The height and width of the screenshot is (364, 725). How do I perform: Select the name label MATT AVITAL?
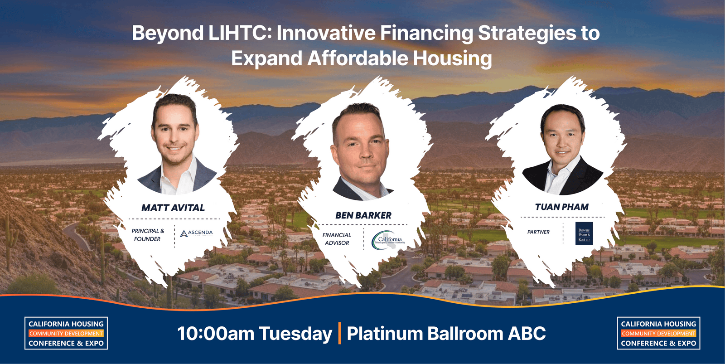[x=173, y=208]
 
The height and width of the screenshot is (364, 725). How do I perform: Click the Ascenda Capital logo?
[x=196, y=233]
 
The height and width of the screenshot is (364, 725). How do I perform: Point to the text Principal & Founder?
[x=148, y=235]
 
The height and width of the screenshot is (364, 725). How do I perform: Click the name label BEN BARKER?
[x=363, y=216]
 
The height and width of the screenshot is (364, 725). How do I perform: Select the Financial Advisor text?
[x=337, y=239]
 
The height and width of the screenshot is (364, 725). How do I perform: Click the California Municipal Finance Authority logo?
[x=389, y=239]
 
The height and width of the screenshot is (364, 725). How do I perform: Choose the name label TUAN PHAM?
[x=562, y=207]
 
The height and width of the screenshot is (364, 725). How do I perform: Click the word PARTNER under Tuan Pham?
[x=538, y=232]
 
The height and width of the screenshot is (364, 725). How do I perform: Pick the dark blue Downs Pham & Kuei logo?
[x=584, y=233]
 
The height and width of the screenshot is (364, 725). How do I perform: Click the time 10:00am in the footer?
[x=216, y=334]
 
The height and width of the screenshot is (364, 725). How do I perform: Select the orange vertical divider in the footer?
[x=339, y=333]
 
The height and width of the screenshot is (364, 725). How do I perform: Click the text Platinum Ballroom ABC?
[x=446, y=334]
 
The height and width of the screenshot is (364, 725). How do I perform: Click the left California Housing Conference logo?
[x=66, y=333]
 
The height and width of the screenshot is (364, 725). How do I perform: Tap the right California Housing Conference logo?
[x=658, y=333]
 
